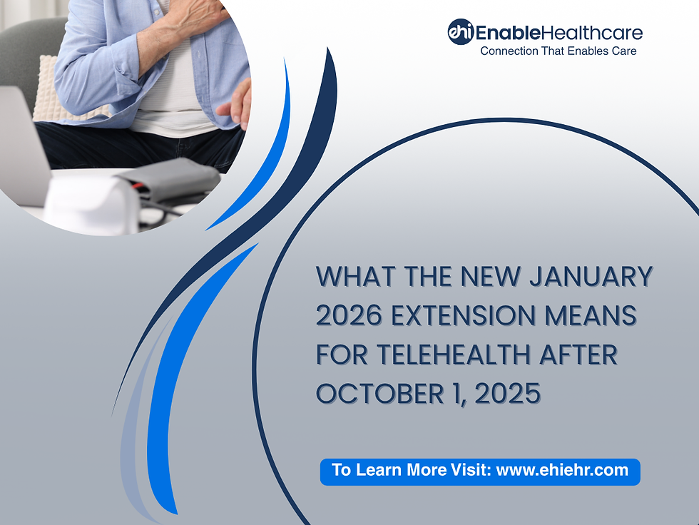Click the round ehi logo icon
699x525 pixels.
[x=460, y=32]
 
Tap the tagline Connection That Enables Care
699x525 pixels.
[x=558, y=51]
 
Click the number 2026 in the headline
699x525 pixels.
[x=347, y=315]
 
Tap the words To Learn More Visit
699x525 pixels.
[x=411, y=470]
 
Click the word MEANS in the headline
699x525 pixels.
[x=595, y=315]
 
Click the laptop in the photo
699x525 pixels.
[x=21, y=143]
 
